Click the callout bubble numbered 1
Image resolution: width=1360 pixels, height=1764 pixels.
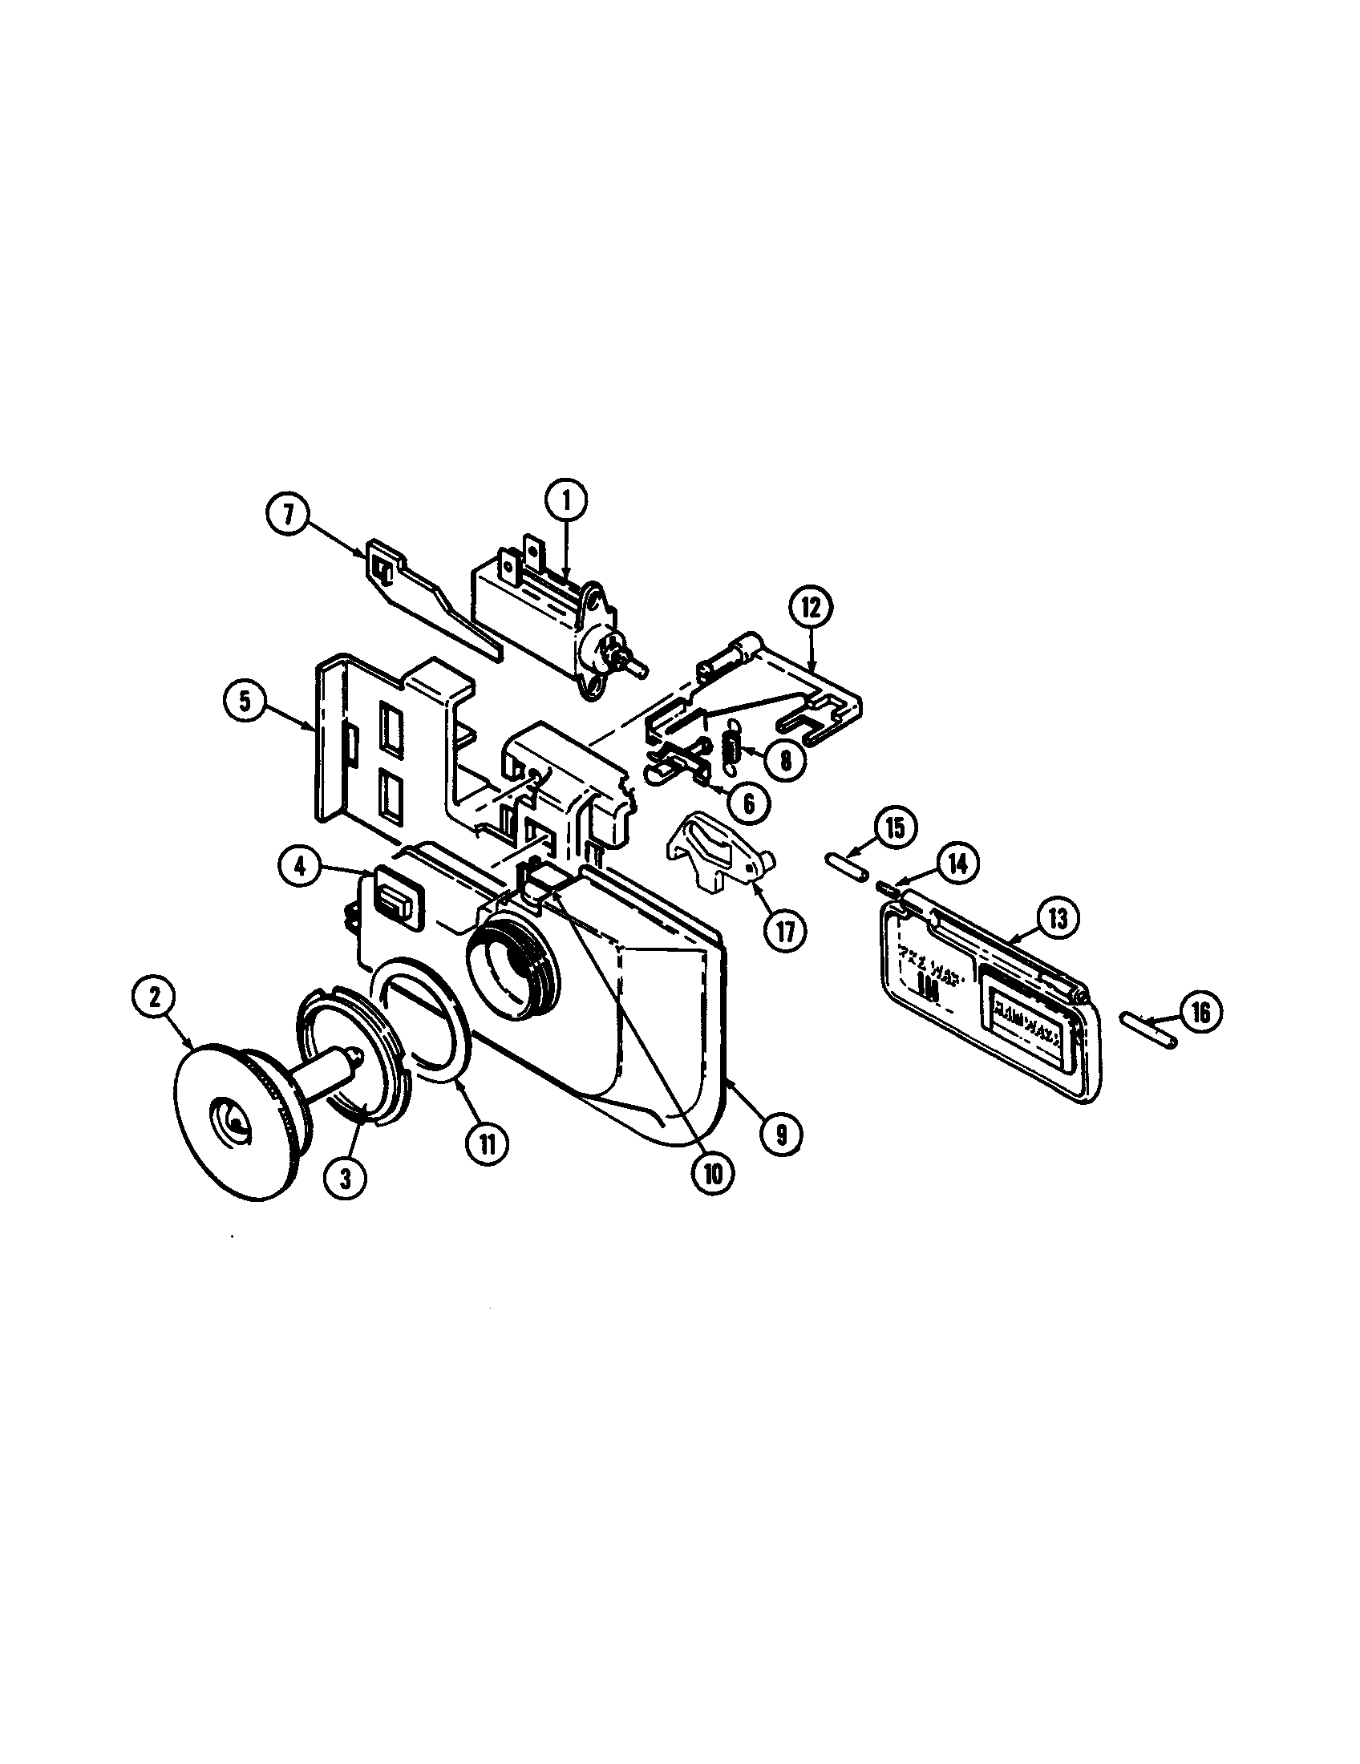[x=565, y=500]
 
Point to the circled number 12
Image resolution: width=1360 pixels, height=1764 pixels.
[x=811, y=609]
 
